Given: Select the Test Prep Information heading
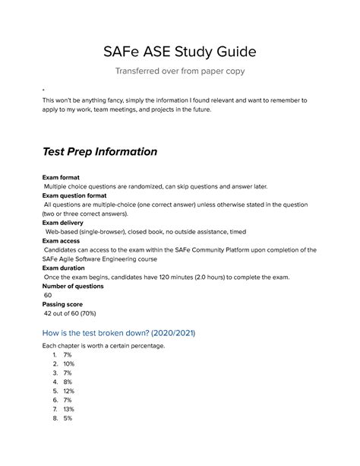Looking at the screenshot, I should click(99, 151).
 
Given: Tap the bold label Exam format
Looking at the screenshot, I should click(62, 176).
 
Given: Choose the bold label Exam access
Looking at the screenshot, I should click(63, 240).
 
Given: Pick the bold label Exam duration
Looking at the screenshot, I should click(67, 268).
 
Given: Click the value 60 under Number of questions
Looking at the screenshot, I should click(49, 295).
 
